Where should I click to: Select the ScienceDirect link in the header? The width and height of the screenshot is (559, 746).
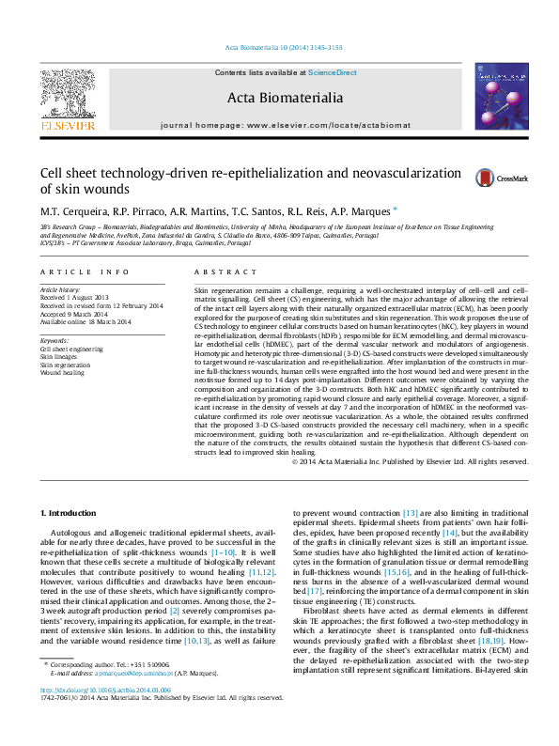333,72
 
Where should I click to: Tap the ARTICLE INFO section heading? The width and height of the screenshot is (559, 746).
85,272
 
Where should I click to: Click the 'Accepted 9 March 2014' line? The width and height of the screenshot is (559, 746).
75,313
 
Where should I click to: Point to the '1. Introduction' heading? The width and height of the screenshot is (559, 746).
71,512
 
